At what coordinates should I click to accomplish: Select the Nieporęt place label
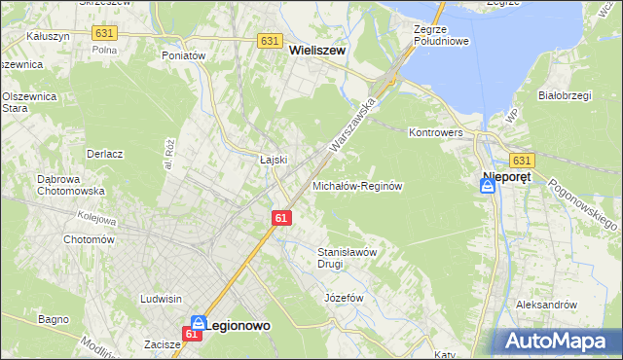(506, 178)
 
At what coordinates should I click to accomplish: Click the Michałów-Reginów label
(356, 185)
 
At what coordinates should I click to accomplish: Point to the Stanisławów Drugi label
(347, 257)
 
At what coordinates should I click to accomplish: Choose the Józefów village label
(343, 297)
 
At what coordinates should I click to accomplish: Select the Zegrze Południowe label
(441, 36)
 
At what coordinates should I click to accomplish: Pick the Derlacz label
(104, 154)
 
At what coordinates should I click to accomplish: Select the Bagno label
(53, 318)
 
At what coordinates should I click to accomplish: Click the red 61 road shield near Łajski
(280, 218)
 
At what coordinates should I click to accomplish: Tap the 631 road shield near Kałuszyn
(105, 33)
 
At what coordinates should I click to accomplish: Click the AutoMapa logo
(558, 340)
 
